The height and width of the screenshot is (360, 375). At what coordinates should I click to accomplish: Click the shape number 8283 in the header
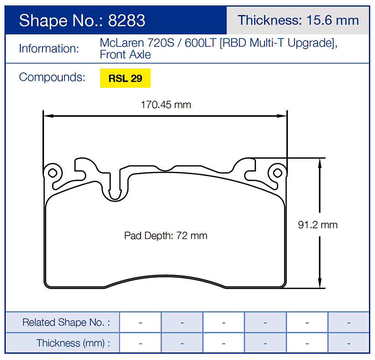pos(127,20)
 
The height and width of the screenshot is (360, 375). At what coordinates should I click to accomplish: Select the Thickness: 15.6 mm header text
pos(298,20)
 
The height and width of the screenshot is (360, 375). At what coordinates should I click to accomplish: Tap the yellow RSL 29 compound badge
pos(125,78)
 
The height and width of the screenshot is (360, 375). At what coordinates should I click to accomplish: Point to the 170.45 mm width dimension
pos(166,105)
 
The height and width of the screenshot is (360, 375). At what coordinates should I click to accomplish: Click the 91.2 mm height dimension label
pos(318,225)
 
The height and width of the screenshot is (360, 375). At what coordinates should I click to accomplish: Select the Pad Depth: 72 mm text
pos(166,236)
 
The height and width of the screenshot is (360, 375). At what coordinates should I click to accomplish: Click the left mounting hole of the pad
pos(52,172)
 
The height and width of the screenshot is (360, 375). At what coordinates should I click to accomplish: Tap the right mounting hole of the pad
pos(277,172)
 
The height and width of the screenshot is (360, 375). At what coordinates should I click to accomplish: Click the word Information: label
pos(49,49)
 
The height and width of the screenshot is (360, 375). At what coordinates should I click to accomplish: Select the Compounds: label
pos(52,77)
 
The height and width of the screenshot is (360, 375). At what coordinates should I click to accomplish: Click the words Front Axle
pos(125,55)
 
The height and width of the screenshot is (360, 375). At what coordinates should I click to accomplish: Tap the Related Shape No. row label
pos(66,322)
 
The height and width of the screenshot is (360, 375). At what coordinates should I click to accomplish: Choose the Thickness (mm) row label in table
pos(73,343)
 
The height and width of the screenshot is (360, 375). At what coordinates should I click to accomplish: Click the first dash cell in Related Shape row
pos(140,322)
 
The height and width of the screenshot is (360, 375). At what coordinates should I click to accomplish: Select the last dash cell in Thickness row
pos(348,343)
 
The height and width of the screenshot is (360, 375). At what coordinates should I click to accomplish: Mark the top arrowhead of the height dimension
pos(320,162)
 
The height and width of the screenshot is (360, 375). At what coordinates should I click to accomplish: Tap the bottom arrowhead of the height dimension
pos(320,285)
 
